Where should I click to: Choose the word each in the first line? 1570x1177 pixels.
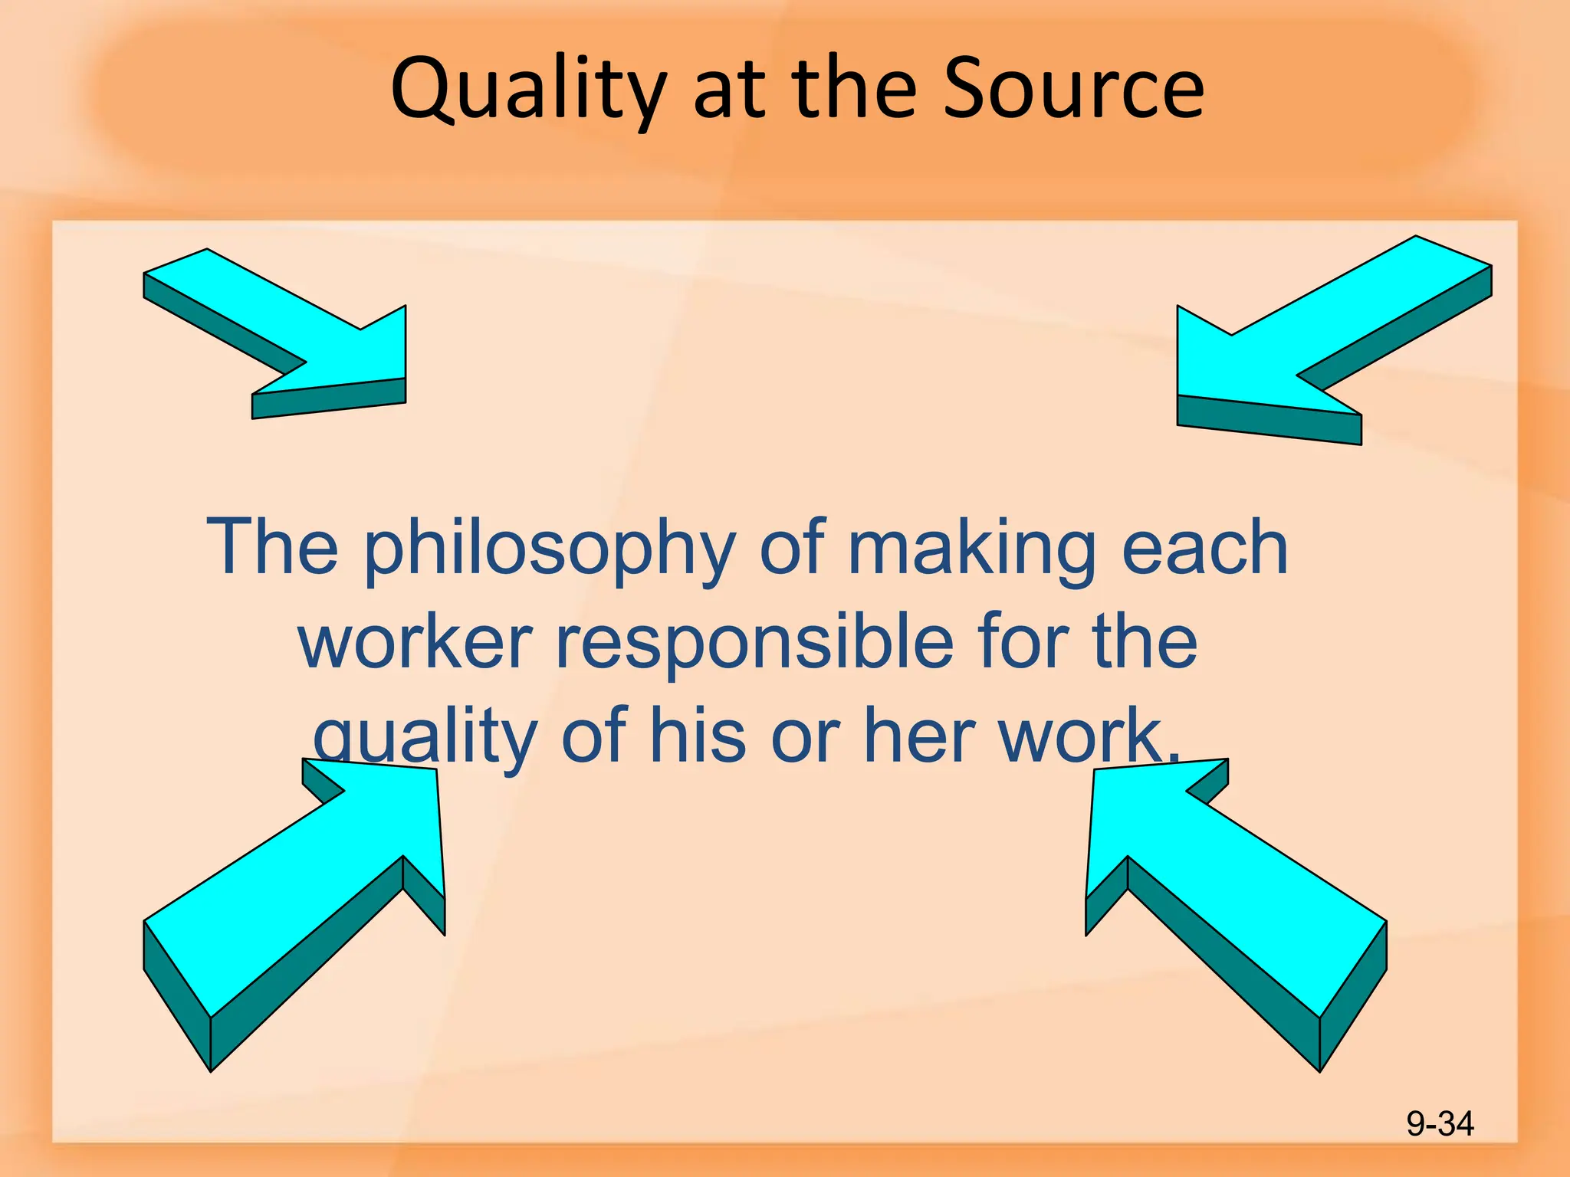[x=1204, y=547]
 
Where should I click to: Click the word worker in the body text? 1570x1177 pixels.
[x=415, y=642]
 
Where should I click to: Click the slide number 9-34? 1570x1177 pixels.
[x=1440, y=1124]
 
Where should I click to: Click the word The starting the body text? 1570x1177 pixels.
[x=272, y=547]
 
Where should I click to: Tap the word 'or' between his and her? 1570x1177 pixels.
[x=804, y=736]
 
